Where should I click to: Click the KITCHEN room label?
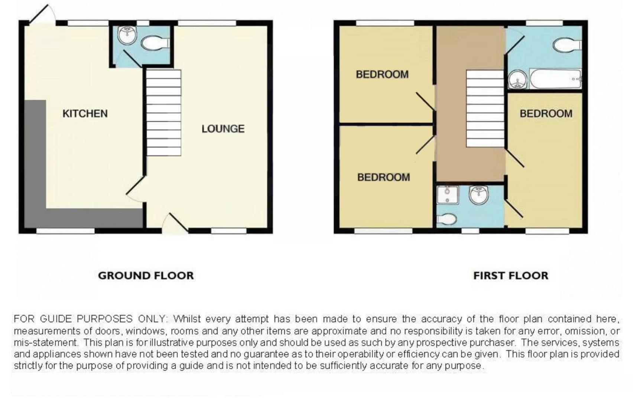point(85,114)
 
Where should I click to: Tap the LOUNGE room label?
point(223,129)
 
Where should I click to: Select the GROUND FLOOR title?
point(146,276)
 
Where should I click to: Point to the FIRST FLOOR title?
point(511,276)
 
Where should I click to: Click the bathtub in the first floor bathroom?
point(556,79)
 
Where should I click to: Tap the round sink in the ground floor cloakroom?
point(127,35)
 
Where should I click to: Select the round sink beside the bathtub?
point(517,79)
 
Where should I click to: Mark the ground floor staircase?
point(164,113)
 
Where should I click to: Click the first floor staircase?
point(485,108)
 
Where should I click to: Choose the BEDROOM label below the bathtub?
point(546,114)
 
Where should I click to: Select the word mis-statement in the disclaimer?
point(46,342)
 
